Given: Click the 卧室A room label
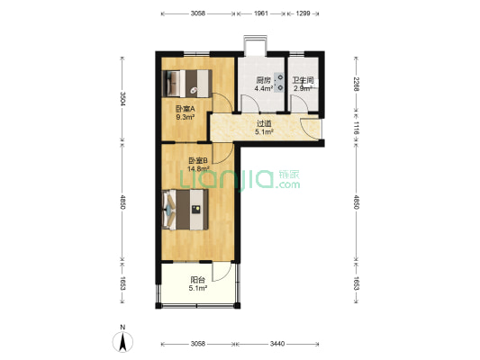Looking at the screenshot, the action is point(185,109).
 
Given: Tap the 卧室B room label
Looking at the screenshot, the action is point(198,160).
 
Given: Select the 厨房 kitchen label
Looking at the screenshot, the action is point(264,80).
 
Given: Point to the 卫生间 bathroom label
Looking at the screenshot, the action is point(303,80).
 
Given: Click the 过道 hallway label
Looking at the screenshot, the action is point(264,123).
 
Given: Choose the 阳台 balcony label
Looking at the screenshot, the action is point(198,280).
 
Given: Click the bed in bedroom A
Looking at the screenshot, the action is point(187,84).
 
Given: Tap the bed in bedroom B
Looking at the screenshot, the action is point(186,210).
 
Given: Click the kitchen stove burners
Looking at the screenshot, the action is point(279,83).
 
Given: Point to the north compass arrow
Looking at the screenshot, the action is point(122,342).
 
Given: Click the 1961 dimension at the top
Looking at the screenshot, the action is point(261,13).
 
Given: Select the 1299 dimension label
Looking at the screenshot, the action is point(303,13).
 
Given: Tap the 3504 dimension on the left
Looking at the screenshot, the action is point(122,99).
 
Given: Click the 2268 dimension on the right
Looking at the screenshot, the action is point(356,84).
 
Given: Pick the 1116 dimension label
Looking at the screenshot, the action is point(356,128).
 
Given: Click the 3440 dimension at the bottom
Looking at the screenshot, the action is point(277,344).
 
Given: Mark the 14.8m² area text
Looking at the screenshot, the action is point(198,168).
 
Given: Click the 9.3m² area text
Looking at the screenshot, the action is point(186,116).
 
